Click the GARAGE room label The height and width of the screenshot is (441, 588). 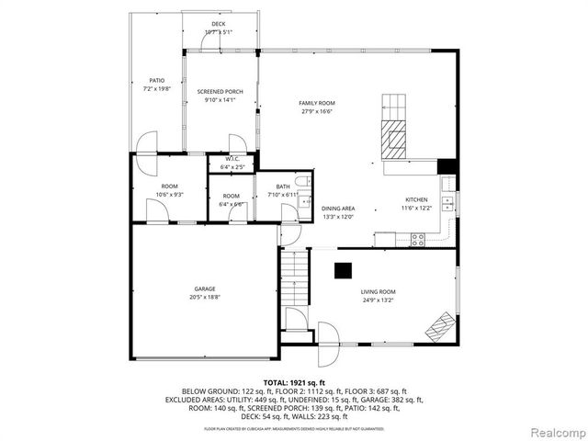click(205, 288)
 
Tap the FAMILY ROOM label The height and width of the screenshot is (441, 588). click(316, 103)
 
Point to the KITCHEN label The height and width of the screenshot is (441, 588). click(417, 199)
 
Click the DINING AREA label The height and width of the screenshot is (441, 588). click(337, 209)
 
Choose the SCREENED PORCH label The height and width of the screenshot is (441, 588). click(220, 92)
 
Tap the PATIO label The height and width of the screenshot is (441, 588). click(156, 81)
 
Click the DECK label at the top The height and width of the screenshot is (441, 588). click(218, 24)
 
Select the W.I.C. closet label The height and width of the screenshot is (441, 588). click(232, 159)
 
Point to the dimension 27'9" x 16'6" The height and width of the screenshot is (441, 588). click(316, 111)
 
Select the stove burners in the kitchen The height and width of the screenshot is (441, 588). click(418, 240)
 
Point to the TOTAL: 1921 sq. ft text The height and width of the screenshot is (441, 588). click(294, 381)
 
